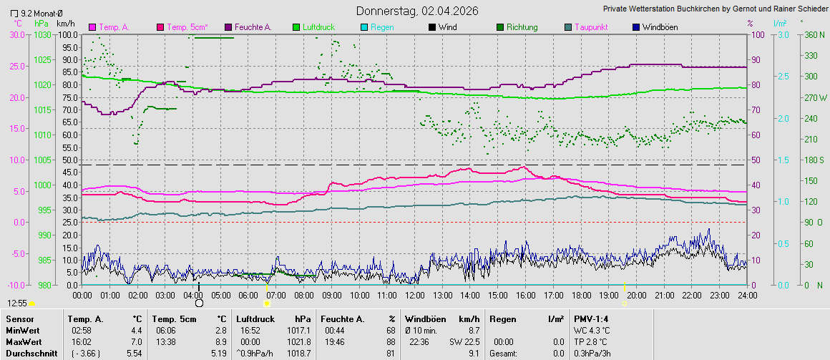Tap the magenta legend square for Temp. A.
(x=92, y=27)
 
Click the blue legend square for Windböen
(x=636, y=27)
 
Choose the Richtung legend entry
(x=522, y=27)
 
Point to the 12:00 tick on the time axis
(x=414, y=295)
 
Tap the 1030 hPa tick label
(x=42, y=35)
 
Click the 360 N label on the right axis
(x=814, y=35)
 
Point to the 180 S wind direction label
(x=814, y=160)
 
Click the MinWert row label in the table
(x=23, y=331)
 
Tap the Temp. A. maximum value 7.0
(x=136, y=342)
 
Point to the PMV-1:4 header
(x=591, y=319)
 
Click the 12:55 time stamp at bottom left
(x=18, y=303)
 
